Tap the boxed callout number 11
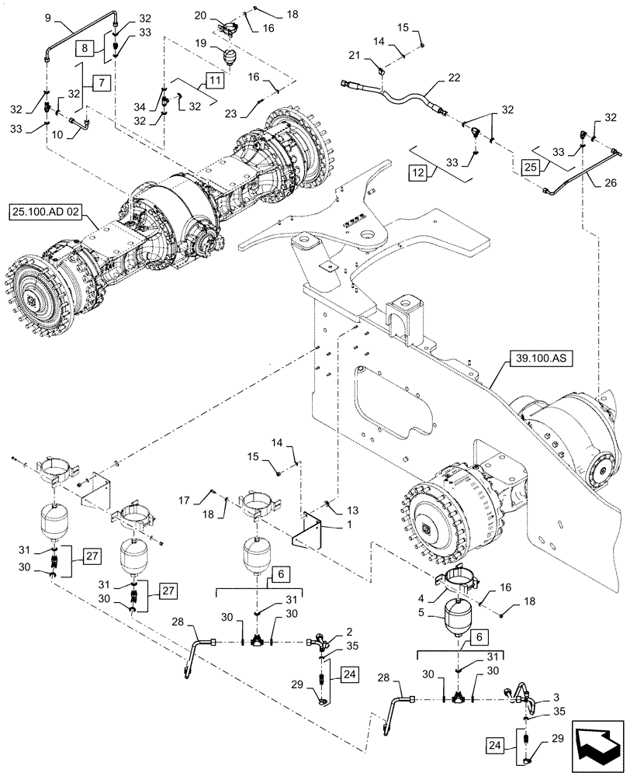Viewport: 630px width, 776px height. coord(214,78)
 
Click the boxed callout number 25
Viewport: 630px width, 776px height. coord(530,167)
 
